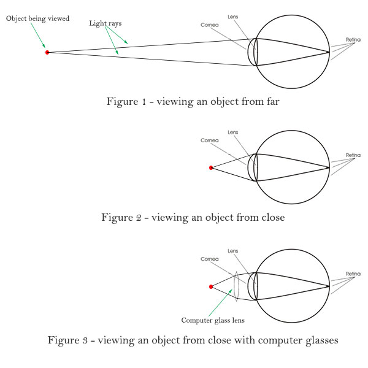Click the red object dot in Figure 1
pyautogui.click(x=47, y=53)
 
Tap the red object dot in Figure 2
pyautogui.click(x=211, y=167)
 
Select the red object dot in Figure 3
pyautogui.click(x=211, y=286)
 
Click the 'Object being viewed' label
pyautogui.click(x=37, y=19)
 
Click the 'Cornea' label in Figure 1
pyautogui.click(x=209, y=25)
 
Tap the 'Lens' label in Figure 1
pyautogui.click(x=232, y=17)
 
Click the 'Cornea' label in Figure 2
pyautogui.click(x=209, y=140)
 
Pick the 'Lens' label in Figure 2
pyautogui.click(x=232, y=132)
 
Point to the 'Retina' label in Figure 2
pyautogui.click(x=353, y=155)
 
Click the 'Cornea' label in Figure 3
pyautogui.click(x=209, y=259)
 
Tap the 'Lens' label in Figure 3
pyautogui.click(x=232, y=251)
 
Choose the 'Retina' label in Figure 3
pyautogui.click(x=353, y=274)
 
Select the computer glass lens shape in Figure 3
pyautogui.click(x=236, y=286)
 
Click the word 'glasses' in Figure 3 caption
pyautogui.click(x=320, y=340)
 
